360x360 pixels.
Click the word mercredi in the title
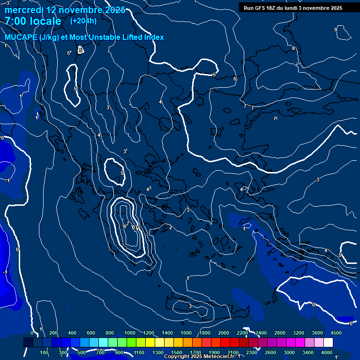coord(23,10)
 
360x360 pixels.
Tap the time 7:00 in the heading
coord(17,21)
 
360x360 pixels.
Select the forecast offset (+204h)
coord(83,21)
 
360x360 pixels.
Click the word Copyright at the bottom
coord(177,357)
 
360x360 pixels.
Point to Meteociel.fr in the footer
coord(219,357)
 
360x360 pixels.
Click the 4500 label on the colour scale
coord(336,333)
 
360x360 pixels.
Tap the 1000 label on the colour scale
coord(130,333)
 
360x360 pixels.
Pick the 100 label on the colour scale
coord(45,352)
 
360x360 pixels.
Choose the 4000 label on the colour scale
coord(327,352)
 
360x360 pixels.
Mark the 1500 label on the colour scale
coord(177,352)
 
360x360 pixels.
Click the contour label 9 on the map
coord(335,30)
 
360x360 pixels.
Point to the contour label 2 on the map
coord(171,227)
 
